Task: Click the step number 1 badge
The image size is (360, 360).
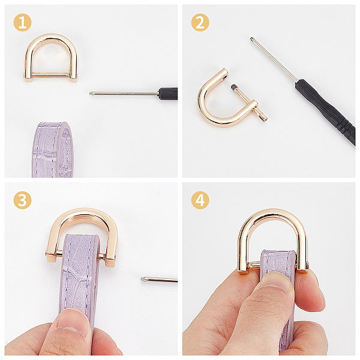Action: coord(22,23)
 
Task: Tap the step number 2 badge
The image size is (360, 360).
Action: coord(200,23)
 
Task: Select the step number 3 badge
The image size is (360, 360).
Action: coord(22,200)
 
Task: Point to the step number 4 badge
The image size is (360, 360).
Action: coord(200,200)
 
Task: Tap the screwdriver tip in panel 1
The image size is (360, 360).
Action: coord(91,93)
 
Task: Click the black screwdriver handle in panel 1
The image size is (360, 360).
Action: coord(169,93)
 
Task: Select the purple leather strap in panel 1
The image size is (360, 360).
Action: coord(52,149)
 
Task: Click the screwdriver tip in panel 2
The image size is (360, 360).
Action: coord(252,39)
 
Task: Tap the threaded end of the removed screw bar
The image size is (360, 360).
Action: coord(233,87)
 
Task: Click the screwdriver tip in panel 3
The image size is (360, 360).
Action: coord(143,279)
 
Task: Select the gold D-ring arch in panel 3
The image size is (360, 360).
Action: coord(83,214)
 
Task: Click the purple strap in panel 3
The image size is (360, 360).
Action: coord(79,275)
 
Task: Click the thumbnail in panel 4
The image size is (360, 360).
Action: coord(276,282)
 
